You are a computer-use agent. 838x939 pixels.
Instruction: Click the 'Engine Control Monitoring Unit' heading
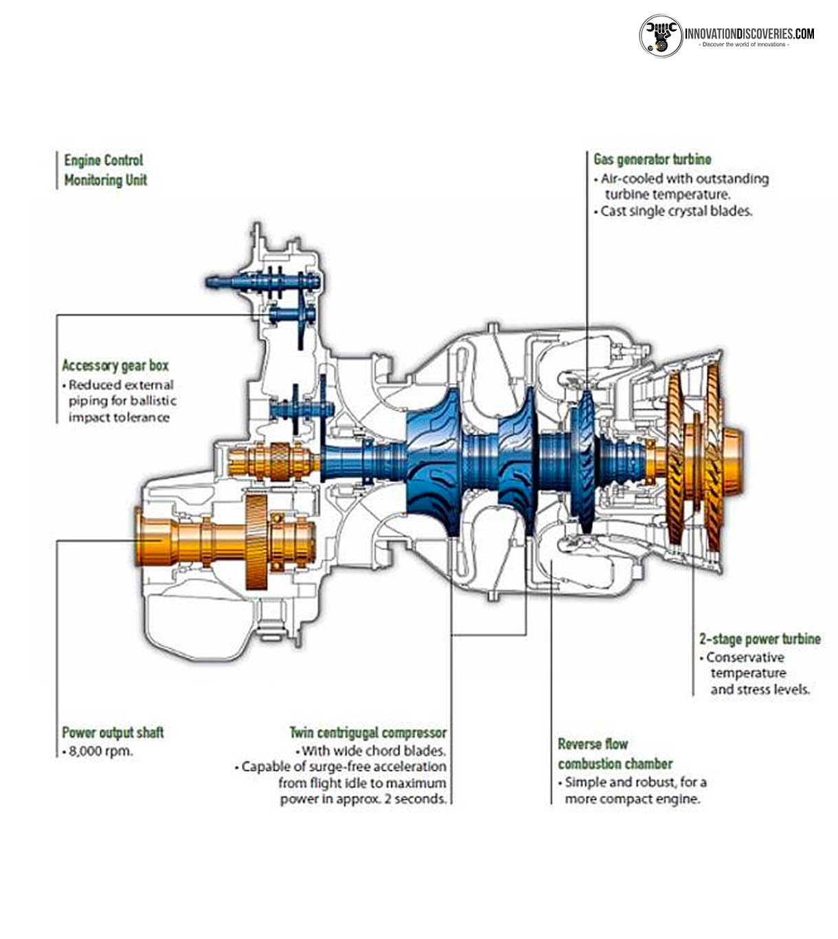(104, 170)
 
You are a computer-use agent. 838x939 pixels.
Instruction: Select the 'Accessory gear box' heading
(115, 365)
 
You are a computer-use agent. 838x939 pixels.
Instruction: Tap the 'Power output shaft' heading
(113, 732)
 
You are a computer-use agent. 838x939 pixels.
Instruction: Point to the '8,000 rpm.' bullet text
(100, 751)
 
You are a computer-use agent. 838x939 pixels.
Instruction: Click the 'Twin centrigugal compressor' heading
(367, 732)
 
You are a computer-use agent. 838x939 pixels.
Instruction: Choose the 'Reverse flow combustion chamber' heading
(614, 754)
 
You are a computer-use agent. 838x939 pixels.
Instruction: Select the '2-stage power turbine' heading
(760, 638)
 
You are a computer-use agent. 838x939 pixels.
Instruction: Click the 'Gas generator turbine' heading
(652, 159)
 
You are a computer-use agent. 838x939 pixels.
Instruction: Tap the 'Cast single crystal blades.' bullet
(676, 211)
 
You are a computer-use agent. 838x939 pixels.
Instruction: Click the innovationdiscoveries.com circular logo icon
(661, 35)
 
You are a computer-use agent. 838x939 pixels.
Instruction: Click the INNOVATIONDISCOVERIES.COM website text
(749, 33)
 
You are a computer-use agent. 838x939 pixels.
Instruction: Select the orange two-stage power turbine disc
(694, 456)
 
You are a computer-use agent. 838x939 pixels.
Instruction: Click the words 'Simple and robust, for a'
(635, 782)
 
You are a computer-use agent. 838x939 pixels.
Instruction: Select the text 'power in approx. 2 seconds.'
(363, 799)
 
